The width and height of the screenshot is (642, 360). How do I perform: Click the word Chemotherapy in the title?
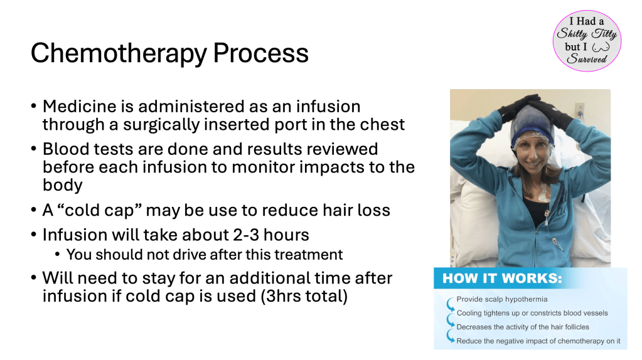point(119,53)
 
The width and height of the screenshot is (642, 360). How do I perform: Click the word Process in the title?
point(261,53)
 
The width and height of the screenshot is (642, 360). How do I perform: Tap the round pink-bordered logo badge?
point(587,41)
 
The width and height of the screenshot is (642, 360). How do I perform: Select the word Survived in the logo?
point(586,59)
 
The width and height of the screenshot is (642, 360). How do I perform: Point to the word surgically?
point(161,125)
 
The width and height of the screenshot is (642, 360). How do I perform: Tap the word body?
point(62,185)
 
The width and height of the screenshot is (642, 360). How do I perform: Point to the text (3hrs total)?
point(304,296)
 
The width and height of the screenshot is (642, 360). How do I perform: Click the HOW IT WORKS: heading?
point(502,278)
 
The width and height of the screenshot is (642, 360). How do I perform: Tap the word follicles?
point(577,327)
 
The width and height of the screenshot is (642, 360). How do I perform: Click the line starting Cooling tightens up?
point(532,313)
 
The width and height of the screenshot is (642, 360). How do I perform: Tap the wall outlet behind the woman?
point(579,109)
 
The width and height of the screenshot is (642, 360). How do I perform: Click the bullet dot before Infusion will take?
point(33,235)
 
